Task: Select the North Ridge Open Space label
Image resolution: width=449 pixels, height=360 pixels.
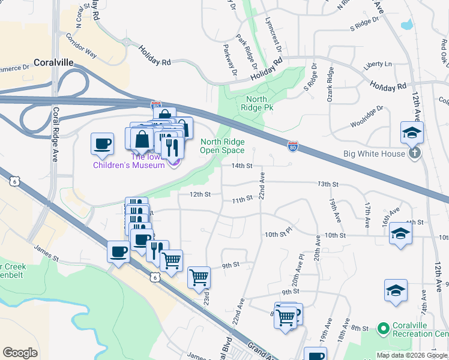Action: point(222,146)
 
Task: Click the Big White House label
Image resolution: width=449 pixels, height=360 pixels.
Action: point(374,154)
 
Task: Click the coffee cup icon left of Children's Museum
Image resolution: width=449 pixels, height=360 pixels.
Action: point(101,144)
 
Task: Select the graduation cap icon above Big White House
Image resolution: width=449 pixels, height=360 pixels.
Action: point(412,133)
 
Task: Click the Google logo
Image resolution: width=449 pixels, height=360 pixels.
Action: point(20,353)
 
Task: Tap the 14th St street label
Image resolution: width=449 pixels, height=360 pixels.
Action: point(239,166)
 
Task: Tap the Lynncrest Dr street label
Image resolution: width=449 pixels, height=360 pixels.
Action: point(273,32)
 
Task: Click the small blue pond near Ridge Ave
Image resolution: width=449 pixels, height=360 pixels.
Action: point(406,25)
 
